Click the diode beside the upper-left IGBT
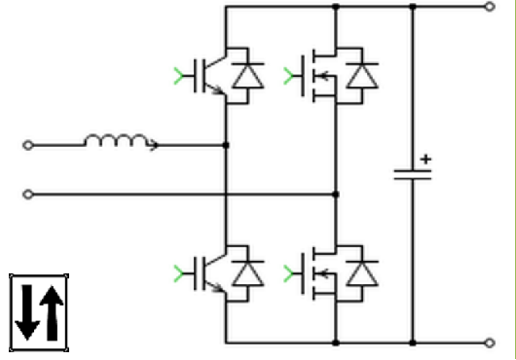[249, 76]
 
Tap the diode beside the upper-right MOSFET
[364, 76]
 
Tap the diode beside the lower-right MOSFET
[364, 270]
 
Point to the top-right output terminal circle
[491, 6]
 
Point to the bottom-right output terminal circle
[491, 342]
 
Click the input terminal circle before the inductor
[28, 146]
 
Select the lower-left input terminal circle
[28, 195]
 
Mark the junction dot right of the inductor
[226, 146]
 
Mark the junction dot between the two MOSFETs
[337, 195]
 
